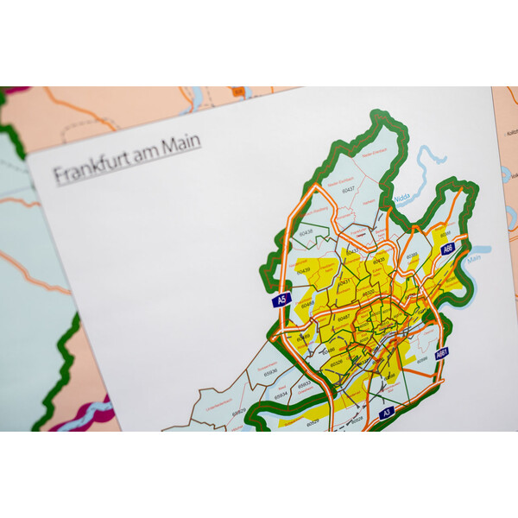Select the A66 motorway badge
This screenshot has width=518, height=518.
tap(448, 249)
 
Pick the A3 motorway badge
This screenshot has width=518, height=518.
tap(387, 412)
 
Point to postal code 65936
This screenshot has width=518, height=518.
tap(270, 371)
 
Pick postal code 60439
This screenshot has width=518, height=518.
tap(302, 271)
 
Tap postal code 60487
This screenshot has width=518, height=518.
tap(344, 319)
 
